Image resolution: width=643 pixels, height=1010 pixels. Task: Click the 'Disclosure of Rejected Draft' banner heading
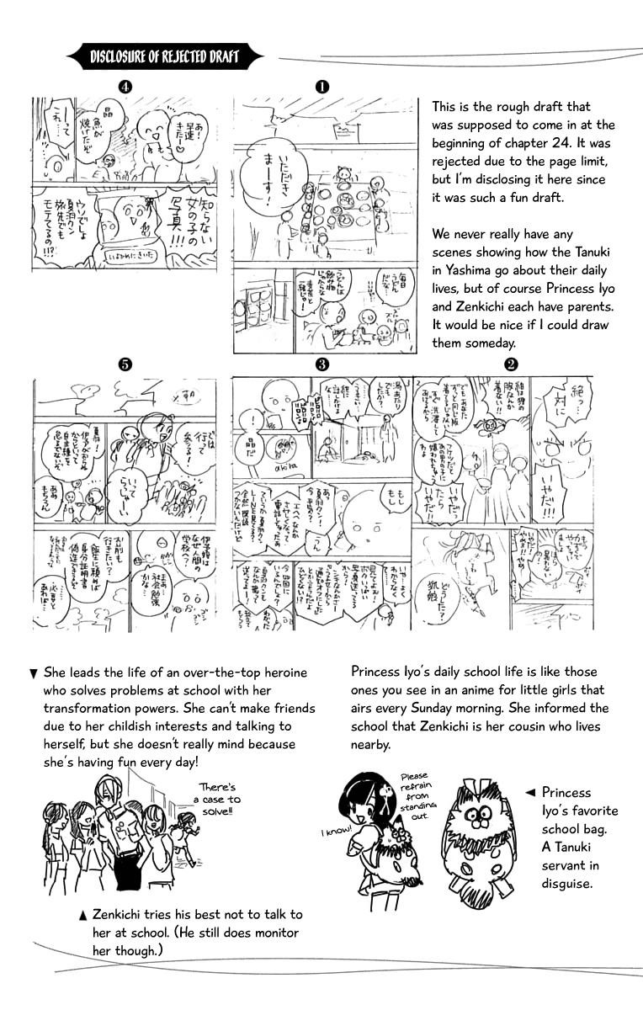point(164,58)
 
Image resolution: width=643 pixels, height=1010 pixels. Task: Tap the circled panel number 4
point(125,86)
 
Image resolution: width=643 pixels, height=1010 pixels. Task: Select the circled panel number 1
point(321,86)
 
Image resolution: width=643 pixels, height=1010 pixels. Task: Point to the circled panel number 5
point(125,364)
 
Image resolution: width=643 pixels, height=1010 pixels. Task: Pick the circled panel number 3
point(321,364)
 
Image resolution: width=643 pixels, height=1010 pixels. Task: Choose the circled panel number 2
point(510,364)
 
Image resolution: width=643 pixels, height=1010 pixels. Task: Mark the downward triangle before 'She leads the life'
point(33,673)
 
